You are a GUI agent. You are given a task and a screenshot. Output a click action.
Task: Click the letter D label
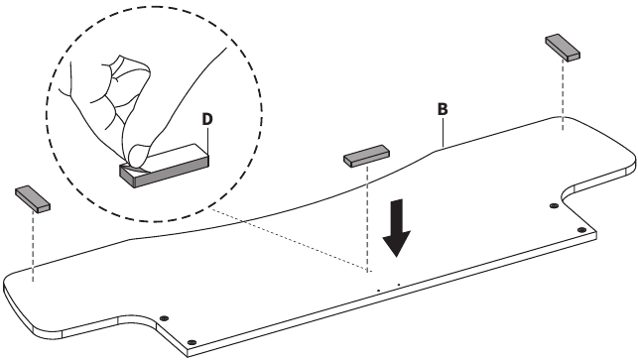[x=207, y=119]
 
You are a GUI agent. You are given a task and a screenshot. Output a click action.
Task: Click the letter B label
[x=443, y=109]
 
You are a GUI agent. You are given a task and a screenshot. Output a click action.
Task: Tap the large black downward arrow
[x=396, y=228]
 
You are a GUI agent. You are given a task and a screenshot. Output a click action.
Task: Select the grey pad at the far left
[x=33, y=199]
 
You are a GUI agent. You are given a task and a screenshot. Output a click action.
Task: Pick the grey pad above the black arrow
[x=366, y=156]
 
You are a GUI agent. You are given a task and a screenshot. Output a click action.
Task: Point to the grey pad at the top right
[x=563, y=48]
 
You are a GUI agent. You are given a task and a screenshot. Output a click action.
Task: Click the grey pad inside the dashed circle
[x=165, y=166]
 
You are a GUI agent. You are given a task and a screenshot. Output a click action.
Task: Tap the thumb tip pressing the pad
[x=137, y=155]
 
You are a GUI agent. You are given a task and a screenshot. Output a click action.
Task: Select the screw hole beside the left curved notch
[x=164, y=317]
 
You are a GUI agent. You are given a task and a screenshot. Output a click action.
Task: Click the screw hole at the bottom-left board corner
[x=192, y=342]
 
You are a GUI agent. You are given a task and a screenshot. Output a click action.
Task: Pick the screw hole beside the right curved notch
[x=554, y=206]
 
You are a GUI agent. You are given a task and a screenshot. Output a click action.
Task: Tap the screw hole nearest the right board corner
[x=581, y=230]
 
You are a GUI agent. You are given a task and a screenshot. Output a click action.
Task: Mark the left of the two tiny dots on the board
[x=378, y=291]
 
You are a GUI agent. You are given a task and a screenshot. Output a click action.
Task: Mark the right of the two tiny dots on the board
[x=399, y=285]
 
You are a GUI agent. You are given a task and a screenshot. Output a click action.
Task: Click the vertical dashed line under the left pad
[x=33, y=247]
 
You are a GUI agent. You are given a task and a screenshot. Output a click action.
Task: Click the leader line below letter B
[x=443, y=132]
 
